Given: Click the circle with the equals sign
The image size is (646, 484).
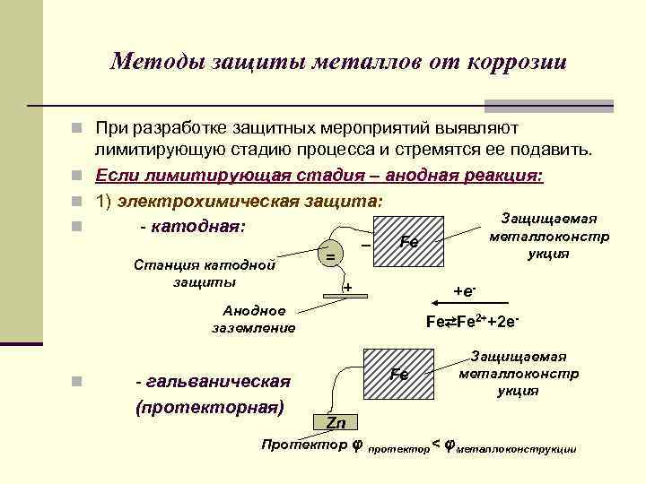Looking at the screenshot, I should pyautogui.click(x=330, y=256).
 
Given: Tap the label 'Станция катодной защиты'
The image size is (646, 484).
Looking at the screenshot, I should pyautogui.click(x=204, y=273).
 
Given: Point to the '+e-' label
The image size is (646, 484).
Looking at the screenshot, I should pyautogui.click(x=464, y=291).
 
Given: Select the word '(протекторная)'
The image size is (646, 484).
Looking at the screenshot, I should pyautogui.click(x=209, y=407).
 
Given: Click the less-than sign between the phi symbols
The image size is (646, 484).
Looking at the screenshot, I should pyautogui.click(x=436, y=444).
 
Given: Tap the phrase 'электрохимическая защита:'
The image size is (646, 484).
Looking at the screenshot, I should pyautogui.click(x=253, y=200).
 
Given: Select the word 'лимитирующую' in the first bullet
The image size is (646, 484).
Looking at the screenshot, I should pyautogui.click(x=157, y=149).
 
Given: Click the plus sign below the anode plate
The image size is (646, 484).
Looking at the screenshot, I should pyautogui.click(x=348, y=288).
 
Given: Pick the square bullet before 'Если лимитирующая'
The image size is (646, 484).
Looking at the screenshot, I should pyautogui.click(x=80, y=175).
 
